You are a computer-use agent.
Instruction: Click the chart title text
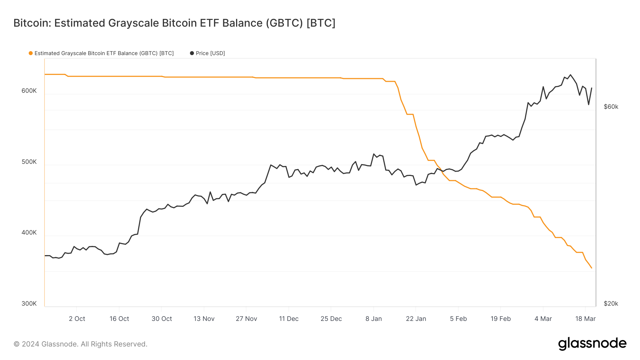click(174, 23)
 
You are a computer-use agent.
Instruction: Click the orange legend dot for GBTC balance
click(31, 53)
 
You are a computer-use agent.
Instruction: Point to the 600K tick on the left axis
click(29, 91)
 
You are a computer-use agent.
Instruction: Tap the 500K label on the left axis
click(29, 162)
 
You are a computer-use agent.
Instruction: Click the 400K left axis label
click(29, 232)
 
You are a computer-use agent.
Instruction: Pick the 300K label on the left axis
click(29, 303)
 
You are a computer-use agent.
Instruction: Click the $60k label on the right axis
click(611, 107)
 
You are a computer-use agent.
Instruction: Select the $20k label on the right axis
click(611, 303)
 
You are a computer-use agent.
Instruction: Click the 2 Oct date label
click(77, 319)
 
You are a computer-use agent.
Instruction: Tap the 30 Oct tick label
click(162, 319)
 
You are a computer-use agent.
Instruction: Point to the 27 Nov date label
click(246, 319)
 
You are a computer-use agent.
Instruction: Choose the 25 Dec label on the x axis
click(331, 319)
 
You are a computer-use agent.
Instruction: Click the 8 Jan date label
click(374, 319)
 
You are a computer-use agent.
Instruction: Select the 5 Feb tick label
click(458, 319)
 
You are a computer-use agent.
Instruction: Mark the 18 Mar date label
click(585, 319)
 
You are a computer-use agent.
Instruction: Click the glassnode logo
click(592, 344)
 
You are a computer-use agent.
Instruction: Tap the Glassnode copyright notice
click(80, 344)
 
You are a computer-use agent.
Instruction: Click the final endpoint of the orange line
click(592, 268)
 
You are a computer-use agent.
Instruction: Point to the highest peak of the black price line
click(571, 75)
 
